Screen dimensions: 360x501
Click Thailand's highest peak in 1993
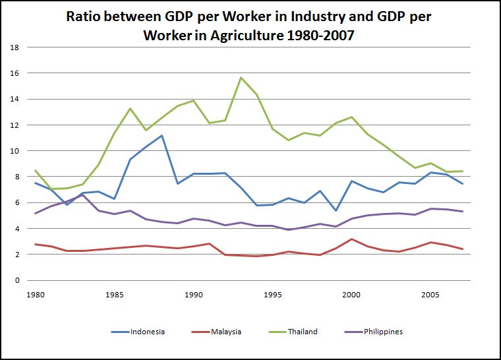point(241,78)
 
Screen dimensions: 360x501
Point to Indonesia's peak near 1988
point(162,136)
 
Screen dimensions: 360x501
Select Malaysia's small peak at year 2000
point(351,239)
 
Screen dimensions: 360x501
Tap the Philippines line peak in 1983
point(82,195)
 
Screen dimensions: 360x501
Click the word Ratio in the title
point(85,16)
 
